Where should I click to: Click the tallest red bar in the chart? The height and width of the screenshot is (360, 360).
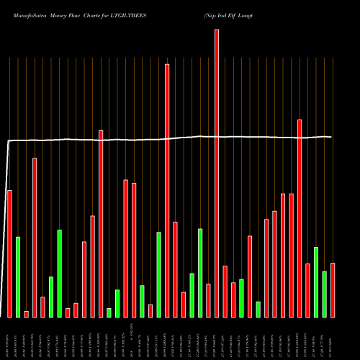(x=217, y=173)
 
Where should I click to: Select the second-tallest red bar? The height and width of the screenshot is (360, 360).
(x=167, y=190)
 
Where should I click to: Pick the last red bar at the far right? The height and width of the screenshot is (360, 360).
(x=333, y=289)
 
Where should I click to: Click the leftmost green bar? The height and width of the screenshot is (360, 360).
(x=18, y=276)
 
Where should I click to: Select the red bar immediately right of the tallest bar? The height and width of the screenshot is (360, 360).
(x=225, y=291)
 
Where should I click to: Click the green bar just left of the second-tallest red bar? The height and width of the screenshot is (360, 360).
(x=158, y=274)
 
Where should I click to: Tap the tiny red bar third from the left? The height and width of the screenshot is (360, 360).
(x=27, y=314)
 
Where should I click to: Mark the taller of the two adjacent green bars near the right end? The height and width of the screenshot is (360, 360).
(x=316, y=282)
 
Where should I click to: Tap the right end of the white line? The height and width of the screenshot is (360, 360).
(x=332, y=137)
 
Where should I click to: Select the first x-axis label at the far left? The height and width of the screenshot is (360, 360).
(x=9, y=338)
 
